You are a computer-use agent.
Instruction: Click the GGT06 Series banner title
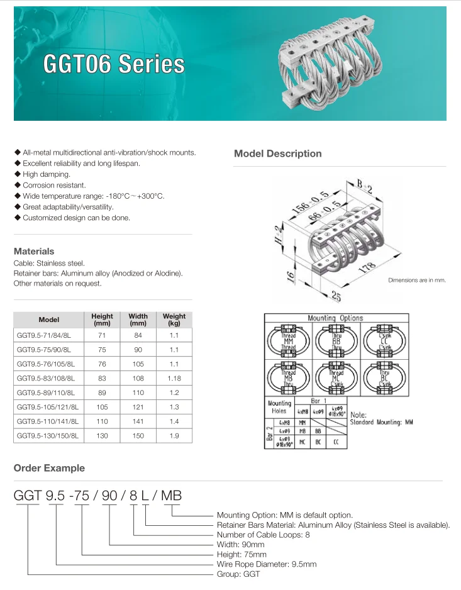114,65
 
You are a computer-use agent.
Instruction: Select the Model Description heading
277,153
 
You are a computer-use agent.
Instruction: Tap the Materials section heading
34,251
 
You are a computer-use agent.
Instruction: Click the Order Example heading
49,468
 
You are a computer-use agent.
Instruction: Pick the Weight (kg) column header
174,320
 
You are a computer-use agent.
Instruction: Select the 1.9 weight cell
174,435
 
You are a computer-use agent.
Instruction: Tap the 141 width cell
138,421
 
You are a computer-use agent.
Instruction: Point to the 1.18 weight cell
174,379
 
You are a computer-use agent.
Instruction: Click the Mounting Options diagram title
335,318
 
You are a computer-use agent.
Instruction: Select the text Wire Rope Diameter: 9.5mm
266,564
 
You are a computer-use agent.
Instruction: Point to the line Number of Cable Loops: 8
263,535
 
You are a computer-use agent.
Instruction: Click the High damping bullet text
47,174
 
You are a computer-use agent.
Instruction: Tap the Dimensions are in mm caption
416,280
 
